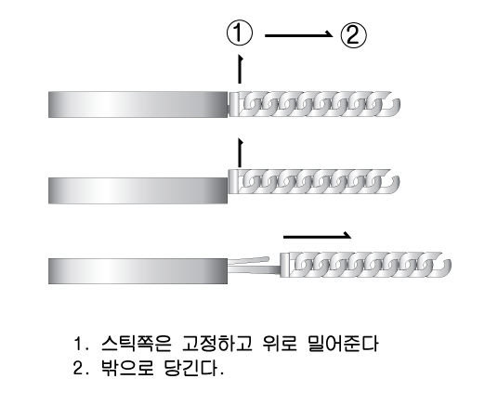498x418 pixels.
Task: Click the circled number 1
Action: pyautogui.click(x=240, y=33)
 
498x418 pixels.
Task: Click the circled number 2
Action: pyautogui.click(x=353, y=34)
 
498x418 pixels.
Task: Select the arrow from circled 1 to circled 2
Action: pyautogui.click(x=298, y=35)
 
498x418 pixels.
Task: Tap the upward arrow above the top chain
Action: pyautogui.click(x=240, y=70)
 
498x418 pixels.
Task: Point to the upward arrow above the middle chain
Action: pyautogui.click(x=240, y=152)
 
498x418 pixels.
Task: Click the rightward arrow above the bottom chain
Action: pyautogui.click(x=317, y=236)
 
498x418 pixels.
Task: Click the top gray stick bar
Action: pyautogui.click(x=138, y=104)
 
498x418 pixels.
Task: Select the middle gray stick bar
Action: pyautogui.click(x=138, y=190)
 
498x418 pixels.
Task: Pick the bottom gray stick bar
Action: pyautogui.click(x=138, y=271)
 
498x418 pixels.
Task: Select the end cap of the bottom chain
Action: pyautogui.click(x=285, y=265)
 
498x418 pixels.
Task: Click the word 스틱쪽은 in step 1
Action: pyautogui.click(x=137, y=344)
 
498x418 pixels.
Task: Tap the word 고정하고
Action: pyautogui.click(x=217, y=344)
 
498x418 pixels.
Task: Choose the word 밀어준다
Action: pyautogui.click(x=343, y=344)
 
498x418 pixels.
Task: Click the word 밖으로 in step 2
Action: pyautogui.click(x=127, y=368)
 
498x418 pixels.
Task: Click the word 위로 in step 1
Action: pyautogui.click(x=281, y=344)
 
